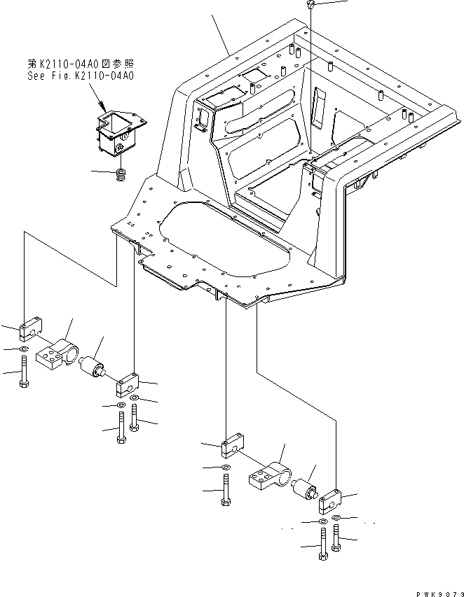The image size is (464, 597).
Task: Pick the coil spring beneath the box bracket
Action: [x=121, y=175]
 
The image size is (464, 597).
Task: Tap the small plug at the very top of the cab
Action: [x=311, y=6]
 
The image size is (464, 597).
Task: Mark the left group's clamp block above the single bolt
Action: [x=33, y=326]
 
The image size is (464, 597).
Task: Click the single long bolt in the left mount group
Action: [x=25, y=370]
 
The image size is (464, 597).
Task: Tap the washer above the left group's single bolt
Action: [x=25, y=349]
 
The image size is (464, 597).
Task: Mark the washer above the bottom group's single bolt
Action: [x=224, y=467]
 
